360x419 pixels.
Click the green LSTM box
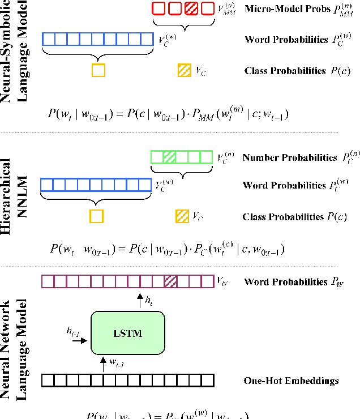tap(127, 333)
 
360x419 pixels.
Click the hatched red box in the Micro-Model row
tap(193, 8)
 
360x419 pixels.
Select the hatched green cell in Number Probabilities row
tap(169, 157)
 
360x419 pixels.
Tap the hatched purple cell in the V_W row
tap(170, 281)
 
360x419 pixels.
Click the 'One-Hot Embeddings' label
tap(292, 380)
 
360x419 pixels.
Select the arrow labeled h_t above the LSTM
tap(139, 300)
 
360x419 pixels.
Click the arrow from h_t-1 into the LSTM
tap(79, 341)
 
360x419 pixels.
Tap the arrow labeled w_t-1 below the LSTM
tap(103, 364)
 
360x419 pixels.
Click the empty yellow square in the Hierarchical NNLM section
tap(97, 216)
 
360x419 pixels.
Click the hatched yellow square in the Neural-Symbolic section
tap(184, 71)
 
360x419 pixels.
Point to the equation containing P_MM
tap(168, 114)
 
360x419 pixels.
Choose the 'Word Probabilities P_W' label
tap(294, 281)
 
